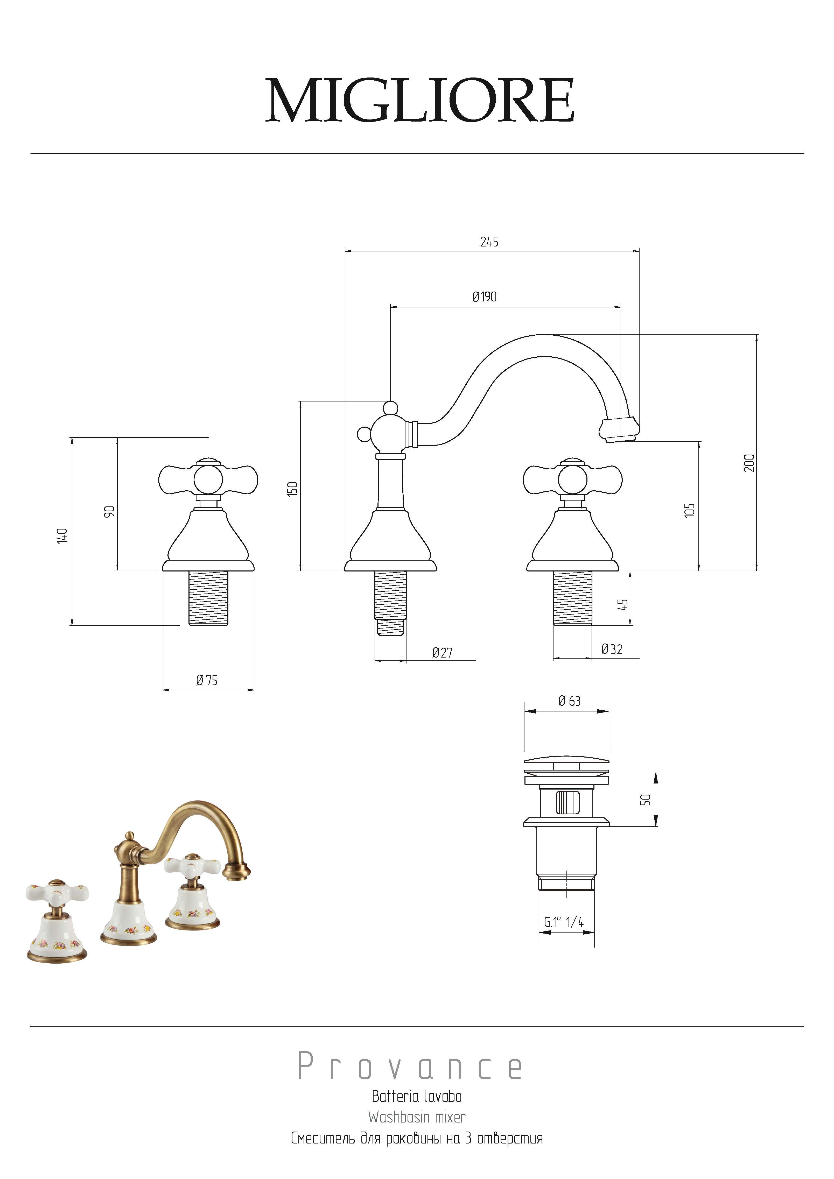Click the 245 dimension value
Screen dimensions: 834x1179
(489, 241)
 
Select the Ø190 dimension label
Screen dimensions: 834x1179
(484, 297)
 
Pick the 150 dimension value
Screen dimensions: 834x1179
(292, 488)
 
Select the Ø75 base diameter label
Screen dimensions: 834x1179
(206, 680)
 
